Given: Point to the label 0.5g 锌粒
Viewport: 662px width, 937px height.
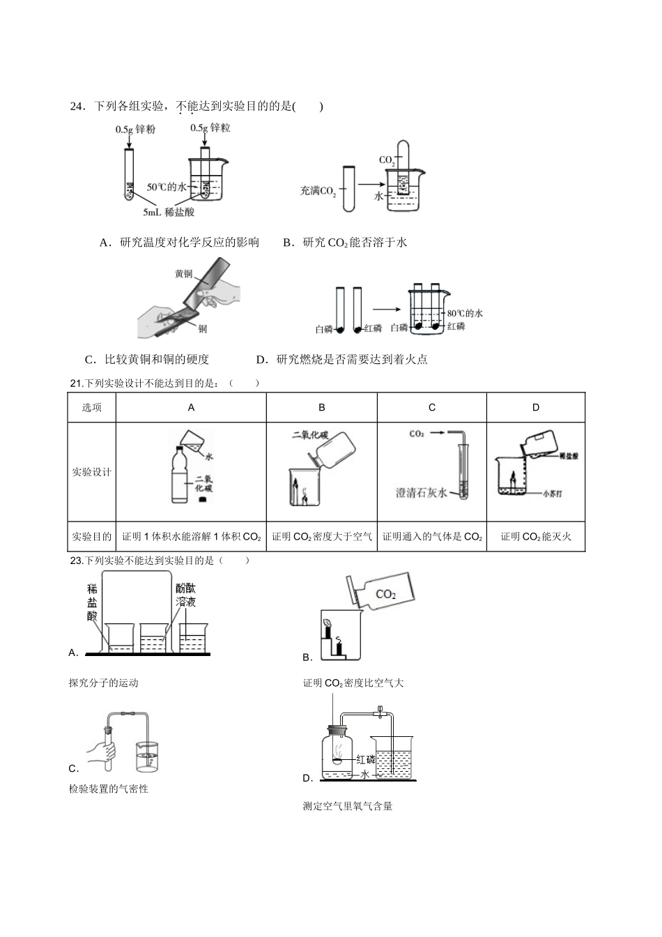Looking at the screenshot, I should coord(210,128).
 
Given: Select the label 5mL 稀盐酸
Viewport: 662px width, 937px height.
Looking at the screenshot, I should coord(169,212).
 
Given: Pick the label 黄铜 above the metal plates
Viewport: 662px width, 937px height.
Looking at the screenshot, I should coord(183,274).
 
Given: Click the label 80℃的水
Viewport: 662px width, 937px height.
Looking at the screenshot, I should coord(464,313).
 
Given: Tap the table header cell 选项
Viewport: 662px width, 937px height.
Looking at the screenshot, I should coord(91,408).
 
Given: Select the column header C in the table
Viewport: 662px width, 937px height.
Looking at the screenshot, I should coord(431,408).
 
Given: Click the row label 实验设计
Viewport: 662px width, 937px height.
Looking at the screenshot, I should coord(91,472).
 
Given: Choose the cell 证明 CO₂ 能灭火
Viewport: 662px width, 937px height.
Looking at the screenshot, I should coord(535,537).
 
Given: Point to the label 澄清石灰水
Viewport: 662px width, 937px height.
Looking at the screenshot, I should coord(422,493).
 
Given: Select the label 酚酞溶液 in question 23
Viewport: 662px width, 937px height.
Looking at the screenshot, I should coord(185,595).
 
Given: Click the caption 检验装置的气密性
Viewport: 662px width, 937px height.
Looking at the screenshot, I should coord(109,789).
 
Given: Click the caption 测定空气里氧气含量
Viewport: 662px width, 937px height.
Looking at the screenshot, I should coord(348,807).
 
